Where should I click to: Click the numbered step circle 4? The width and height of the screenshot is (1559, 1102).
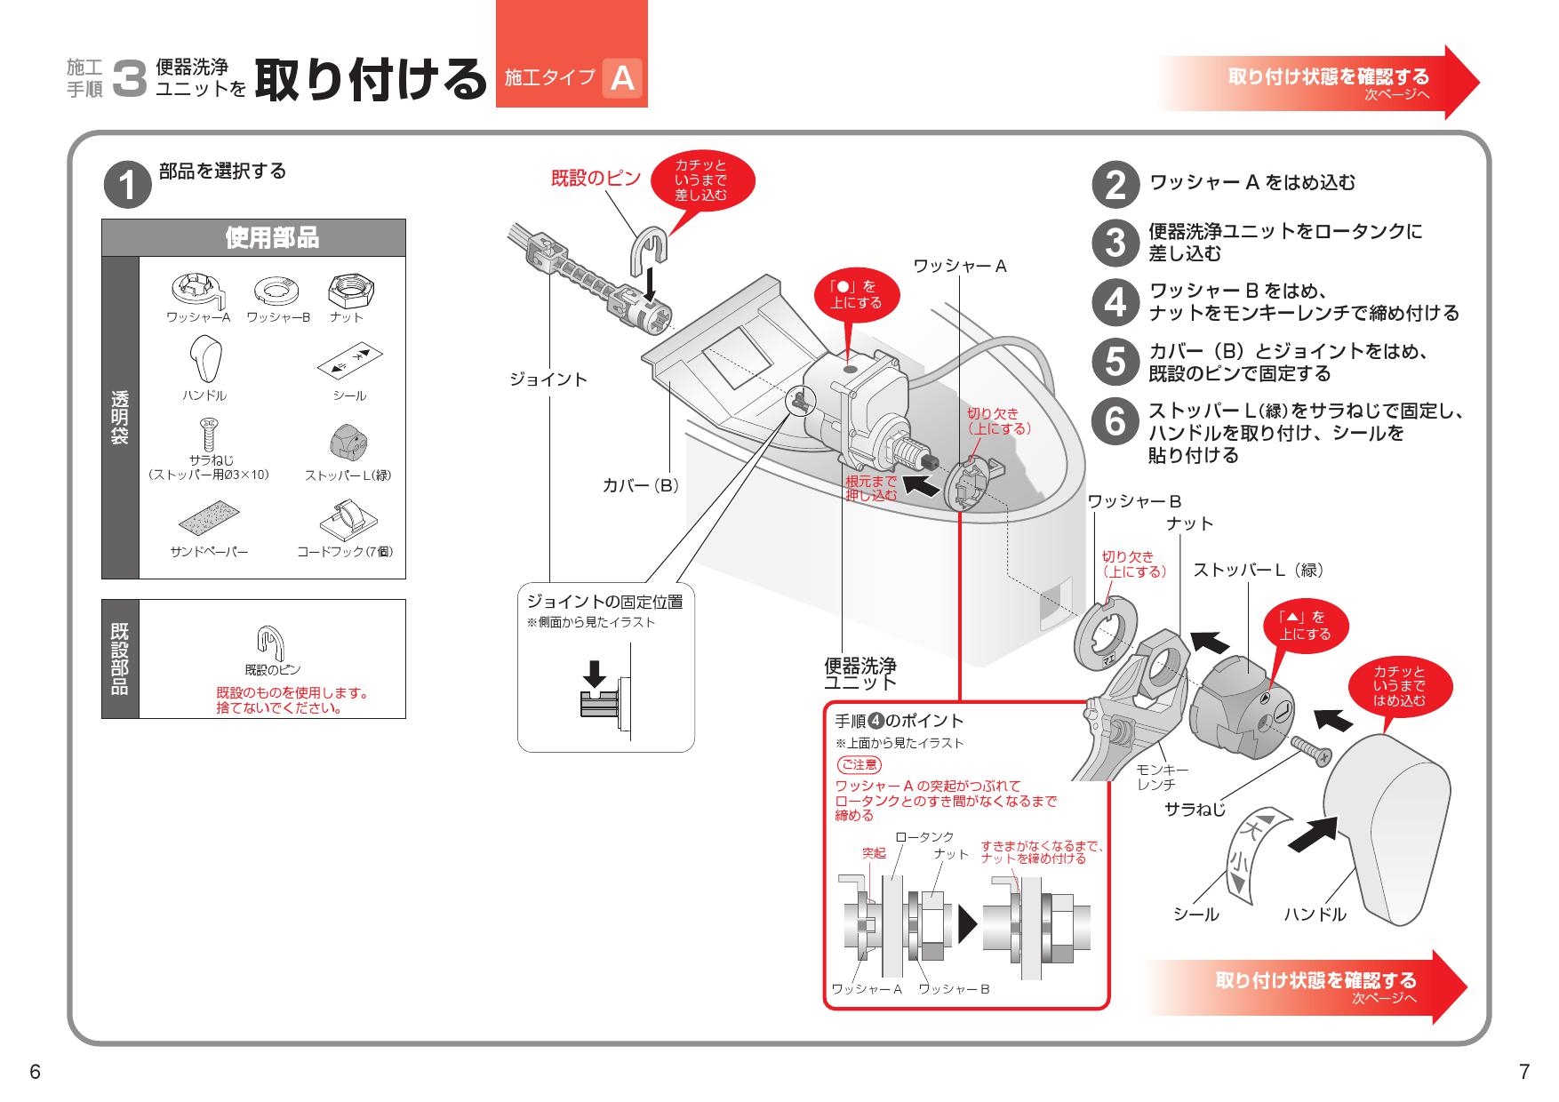point(1115,302)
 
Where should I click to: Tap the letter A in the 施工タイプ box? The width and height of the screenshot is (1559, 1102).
point(622,78)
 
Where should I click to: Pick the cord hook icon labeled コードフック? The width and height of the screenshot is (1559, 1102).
point(345,520)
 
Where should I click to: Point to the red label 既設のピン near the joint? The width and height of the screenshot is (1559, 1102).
point(596,178)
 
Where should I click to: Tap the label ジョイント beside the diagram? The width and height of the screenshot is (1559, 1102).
point(548,379)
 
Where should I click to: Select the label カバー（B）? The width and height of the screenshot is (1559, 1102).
point(640,486)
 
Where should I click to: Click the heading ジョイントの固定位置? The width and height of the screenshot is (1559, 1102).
point(604,602)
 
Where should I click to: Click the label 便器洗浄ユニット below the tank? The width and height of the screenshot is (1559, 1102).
point(859,673)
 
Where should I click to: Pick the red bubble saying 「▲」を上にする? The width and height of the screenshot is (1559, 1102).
point(1305,625)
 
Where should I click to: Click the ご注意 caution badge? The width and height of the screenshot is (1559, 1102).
point(859,764)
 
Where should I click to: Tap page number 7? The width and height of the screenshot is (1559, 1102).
point(1524,1072)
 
